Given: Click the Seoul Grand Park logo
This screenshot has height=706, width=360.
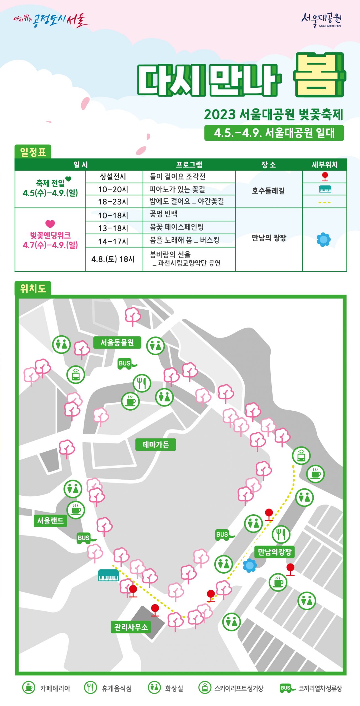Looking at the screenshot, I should (321, 20).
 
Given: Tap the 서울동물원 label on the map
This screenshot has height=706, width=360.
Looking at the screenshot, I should (117, 343).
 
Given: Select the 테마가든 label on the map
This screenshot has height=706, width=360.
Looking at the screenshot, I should (156, 445).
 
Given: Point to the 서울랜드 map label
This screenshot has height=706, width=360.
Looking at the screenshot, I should (50, 521).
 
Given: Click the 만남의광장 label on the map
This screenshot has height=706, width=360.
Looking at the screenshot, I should (274, 552).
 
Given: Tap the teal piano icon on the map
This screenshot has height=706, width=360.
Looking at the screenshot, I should (108, 575).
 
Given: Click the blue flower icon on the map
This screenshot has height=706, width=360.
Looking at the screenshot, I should (250, 565).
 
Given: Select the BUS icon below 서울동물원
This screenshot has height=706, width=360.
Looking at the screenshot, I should (126, 364).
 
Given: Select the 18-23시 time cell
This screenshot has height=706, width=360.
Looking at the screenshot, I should (114, 202).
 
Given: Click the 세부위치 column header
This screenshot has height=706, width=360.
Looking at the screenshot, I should (324, 165).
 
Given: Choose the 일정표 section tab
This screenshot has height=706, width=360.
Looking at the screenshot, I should (33, 152).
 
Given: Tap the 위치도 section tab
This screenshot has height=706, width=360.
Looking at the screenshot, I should (33, 288).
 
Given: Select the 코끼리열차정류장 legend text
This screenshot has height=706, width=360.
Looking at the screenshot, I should (320, 688).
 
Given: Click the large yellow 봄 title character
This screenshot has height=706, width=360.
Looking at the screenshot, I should (319, 75).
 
